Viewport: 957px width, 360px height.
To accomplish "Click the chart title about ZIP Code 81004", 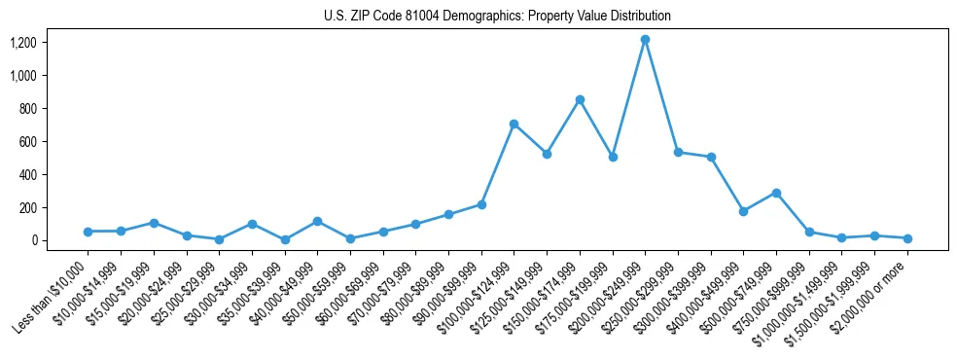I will tap(497, 17).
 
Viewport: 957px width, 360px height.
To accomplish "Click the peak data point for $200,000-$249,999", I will tap(645, 40).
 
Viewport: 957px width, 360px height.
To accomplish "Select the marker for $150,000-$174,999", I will tap(580, 99).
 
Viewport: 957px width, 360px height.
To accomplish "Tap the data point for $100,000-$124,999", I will tap(514, 124).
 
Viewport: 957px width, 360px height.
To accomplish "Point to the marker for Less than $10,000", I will tap(88, 232).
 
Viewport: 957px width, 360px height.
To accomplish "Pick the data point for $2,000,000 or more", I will tap(907, 238).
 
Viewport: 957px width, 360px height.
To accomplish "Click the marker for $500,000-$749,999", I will tap(776, 193).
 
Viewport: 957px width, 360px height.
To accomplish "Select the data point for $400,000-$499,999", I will tap(743, 211).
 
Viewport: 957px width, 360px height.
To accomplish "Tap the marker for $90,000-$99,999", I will tap(481, 204).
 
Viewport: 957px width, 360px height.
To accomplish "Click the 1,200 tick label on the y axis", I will tap(22, 43).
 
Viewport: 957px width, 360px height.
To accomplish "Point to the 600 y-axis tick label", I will tap(27, 141).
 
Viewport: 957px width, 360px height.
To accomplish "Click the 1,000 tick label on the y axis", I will tap(22, 76).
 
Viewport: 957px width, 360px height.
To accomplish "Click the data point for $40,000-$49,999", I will tap(317, 222).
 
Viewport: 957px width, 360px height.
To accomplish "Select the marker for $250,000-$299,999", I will tap(678, 153).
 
